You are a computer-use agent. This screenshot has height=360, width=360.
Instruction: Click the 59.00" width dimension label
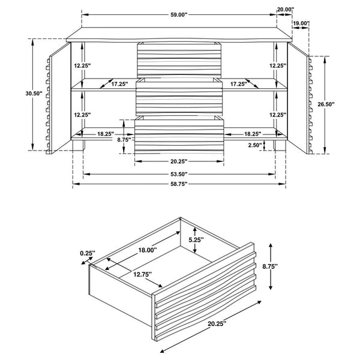click(179, 14)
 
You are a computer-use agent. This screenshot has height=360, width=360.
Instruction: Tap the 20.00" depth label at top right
click(286, 10)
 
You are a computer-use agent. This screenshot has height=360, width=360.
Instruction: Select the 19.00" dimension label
click(301, 23)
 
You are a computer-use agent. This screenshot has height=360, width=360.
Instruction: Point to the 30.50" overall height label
click(34, 94)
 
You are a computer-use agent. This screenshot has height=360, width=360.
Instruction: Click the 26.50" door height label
click(326, 104)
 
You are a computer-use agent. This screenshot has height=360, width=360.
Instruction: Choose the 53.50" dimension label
click(179, 174)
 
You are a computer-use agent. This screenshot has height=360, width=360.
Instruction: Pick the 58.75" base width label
click(179, 184)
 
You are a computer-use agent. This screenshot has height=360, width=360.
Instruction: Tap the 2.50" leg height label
click(255, 145)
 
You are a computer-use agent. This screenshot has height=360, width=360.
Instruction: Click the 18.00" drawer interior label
click(148, 250)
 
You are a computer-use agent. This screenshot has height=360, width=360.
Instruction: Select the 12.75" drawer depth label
click(143, 274)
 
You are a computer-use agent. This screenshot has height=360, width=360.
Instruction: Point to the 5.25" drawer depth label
click(196, 240)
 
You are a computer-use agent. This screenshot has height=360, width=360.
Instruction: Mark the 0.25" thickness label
click(88, 253)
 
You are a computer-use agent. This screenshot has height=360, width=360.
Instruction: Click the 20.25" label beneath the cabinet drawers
click(179, 161)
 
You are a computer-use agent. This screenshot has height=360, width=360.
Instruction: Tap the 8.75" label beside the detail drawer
click(270, 266)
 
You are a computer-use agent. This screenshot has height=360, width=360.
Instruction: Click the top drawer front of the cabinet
click(179, 60)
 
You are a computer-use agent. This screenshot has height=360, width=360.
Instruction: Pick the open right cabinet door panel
click(298, 98)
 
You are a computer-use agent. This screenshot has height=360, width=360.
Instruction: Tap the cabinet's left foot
click(79, 145)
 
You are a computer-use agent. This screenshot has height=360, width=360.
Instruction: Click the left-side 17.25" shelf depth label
click(119, 84)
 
